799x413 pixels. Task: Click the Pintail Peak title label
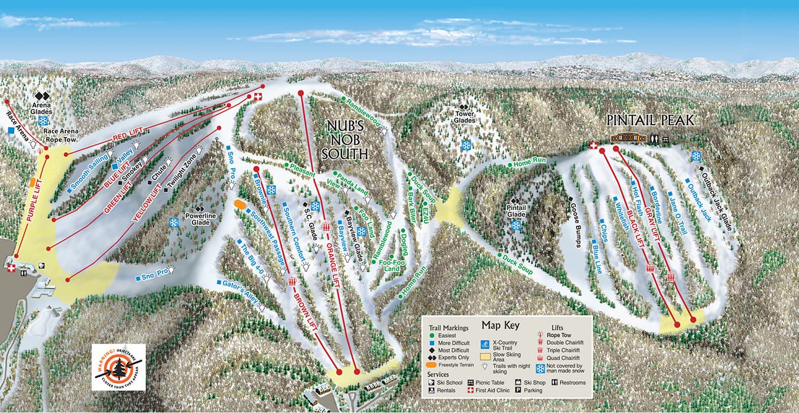click(x=651, y=120)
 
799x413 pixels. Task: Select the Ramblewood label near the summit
click(x=364, y=112)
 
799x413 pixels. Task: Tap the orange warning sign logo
click(x=118, y=368)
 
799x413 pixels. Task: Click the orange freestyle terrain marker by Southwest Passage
click(x=240, y=204)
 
